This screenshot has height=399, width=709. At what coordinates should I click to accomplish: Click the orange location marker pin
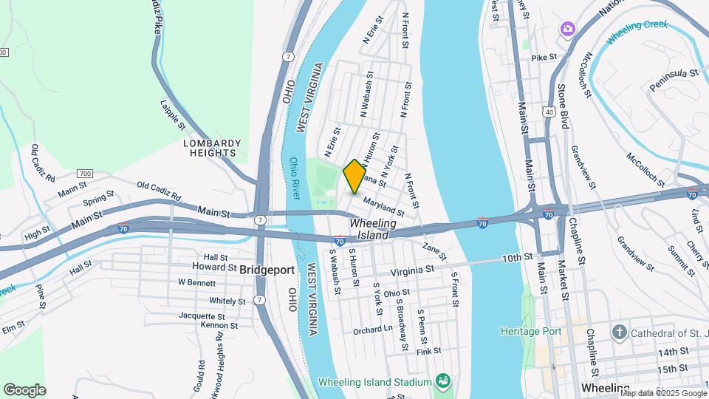[354, 177]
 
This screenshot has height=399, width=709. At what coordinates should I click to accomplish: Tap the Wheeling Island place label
[373, 228]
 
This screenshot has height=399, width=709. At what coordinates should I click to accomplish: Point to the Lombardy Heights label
[212, 148]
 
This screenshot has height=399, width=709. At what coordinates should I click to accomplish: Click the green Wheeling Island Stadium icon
[442, 381]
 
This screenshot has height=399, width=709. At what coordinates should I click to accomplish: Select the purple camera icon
[567, 29]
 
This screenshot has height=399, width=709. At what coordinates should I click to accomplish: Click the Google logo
[24, 389]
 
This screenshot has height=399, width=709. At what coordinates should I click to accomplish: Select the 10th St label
[517, 258]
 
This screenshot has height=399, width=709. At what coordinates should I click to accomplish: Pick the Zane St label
[434, 250]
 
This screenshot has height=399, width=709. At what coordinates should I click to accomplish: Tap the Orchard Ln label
[373, 330]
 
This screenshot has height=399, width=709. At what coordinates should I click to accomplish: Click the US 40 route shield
[547, 112]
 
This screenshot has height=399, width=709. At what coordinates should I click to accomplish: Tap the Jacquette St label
[200, 315]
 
